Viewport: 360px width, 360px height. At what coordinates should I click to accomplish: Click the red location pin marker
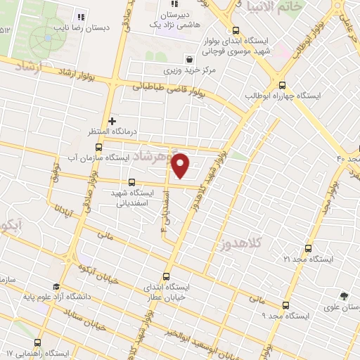[181, 166]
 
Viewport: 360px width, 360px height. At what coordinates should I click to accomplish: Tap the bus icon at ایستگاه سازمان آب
[98, 148]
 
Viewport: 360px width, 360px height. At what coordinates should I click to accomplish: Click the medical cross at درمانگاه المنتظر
[112, 122]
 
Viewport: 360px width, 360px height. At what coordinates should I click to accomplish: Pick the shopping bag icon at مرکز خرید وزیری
[188, 60]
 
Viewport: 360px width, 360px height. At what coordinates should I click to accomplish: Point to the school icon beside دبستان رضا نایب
[81, 16]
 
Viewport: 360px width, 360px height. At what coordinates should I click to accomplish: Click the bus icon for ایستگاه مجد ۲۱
[309, 248]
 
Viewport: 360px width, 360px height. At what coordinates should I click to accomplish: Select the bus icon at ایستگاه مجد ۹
[285, 305]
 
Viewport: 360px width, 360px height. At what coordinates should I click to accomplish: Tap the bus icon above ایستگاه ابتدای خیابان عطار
[167, 276]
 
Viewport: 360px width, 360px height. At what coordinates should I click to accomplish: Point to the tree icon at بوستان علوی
[343, 296]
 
